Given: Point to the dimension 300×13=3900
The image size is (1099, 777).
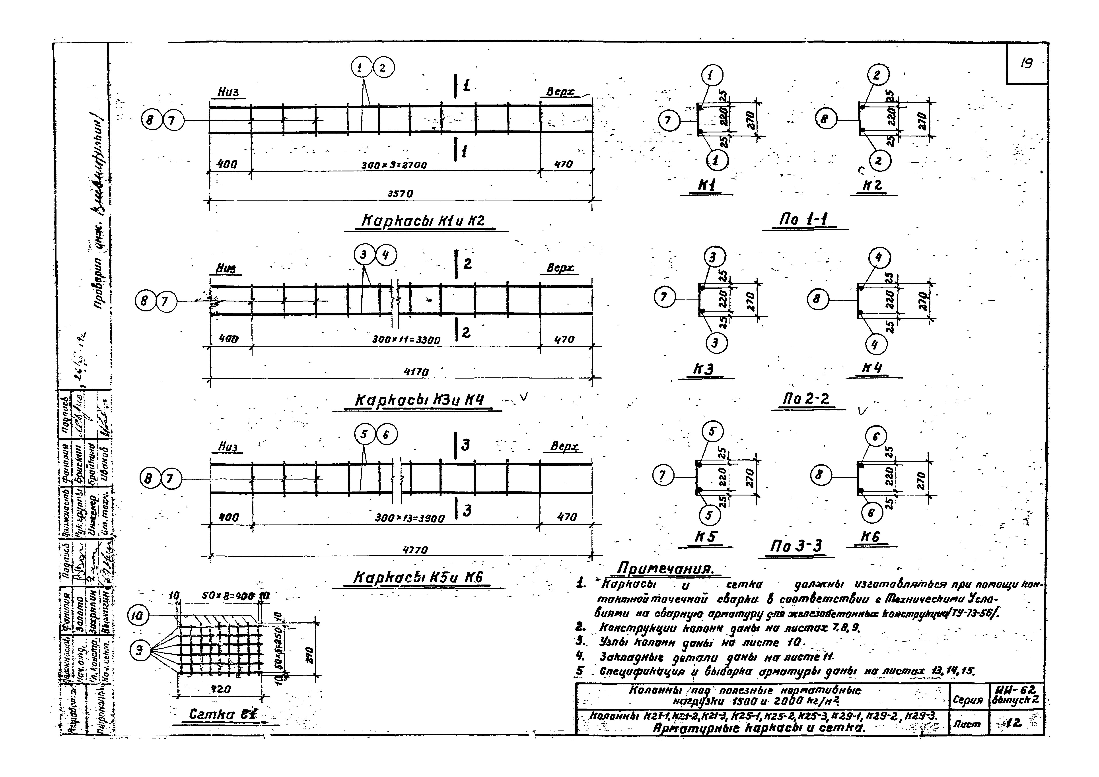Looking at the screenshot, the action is pyautogui.click(x=410, y=518).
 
